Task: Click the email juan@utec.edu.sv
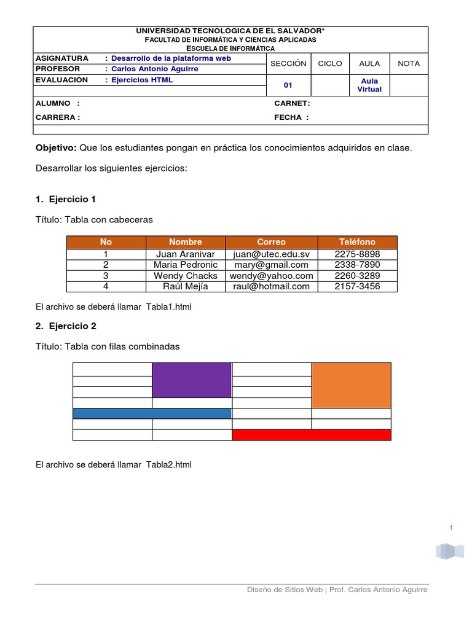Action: click(271, 254)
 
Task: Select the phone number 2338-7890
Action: click(357, 265)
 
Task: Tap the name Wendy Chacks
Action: click(185, 276)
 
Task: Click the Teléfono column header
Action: click(357, 242)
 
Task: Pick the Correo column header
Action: click(271, 242)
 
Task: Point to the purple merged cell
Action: click(192, 380)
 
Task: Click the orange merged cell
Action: click(351, 385)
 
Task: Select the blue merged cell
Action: click(152, 413)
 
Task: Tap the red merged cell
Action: click(311, 435)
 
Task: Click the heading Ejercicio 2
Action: click(72, 326)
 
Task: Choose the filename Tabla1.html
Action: click(169, 307)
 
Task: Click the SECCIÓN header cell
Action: click(288, 63)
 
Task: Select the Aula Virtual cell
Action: click(369, 85)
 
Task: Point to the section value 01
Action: click(288, 85)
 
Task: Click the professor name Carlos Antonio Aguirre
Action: click(154, 69)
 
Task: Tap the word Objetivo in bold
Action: click(56, 148)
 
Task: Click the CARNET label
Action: click(292, 103)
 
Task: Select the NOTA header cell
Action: click(409, 63)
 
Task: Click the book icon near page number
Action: click(450, 551)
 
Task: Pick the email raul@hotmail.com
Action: click(271, 286)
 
